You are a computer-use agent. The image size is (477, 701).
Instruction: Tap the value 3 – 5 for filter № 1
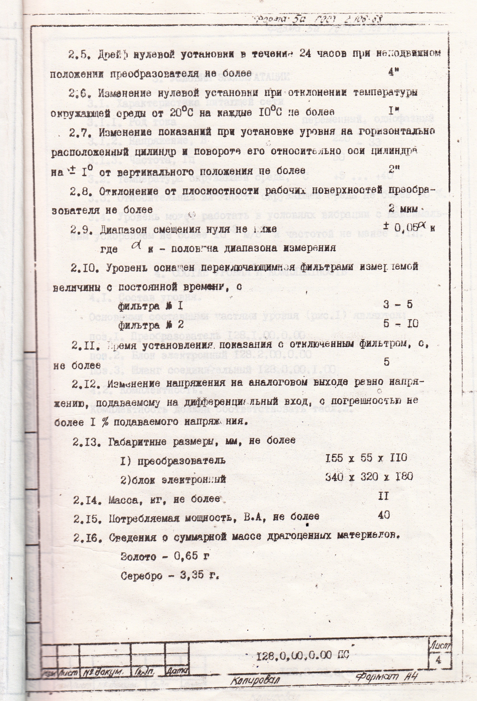tap(397, 304)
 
